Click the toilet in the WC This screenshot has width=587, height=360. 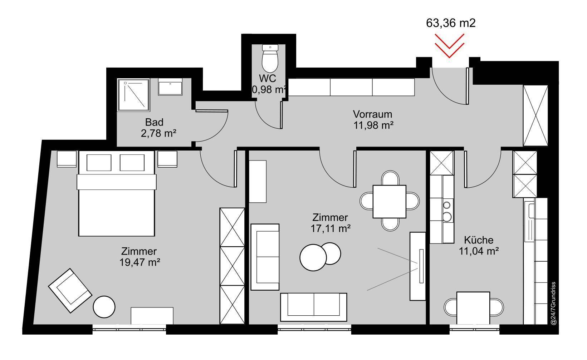click(x=270, y=58)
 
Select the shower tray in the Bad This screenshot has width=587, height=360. click(x=134, y=95)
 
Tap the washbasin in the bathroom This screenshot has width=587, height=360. click(x=170, y=87)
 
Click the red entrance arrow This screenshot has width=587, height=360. click(x=450, y=45)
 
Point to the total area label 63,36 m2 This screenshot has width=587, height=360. click(x=451, y=23)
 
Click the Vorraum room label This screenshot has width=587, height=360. click(x=372, y=114)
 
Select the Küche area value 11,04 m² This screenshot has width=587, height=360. click(x=479, y=251)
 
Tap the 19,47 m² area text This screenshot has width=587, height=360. click(x=140, y=262)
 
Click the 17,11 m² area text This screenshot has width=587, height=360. click(x=331, y=228)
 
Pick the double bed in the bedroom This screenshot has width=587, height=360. click(x=116, y=193)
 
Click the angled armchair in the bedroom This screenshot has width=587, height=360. click(x=70, y=291)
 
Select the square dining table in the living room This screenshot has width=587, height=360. click(x=390, y=202)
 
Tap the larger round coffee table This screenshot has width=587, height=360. click(x=313, y=258)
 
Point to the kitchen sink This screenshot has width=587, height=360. click(x=531, y=222)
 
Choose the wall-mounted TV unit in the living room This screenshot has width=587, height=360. click(x=418, y=266)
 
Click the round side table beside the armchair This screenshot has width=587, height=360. click(x=104, y=307)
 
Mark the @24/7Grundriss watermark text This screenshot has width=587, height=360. click(x=553, y=303)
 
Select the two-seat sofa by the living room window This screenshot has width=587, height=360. click(x=314, y=307)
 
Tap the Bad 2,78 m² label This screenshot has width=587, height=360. click(x=158, y=128)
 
